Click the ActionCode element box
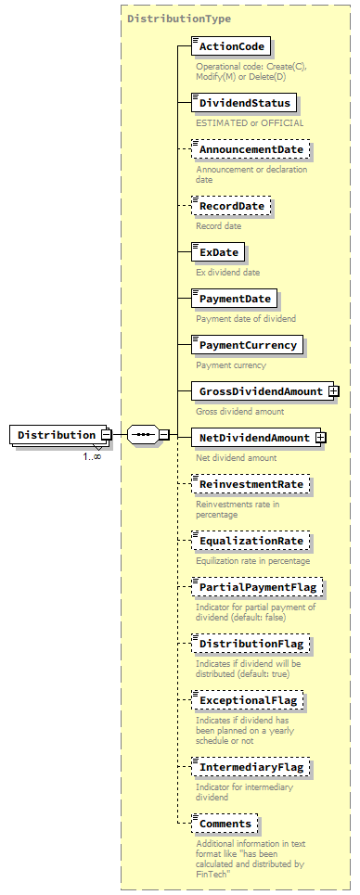[230, 46]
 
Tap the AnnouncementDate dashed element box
[249, 148]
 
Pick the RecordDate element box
[231, 205]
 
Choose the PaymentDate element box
[235, 299]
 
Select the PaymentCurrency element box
[248, 345]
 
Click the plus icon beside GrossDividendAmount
[332, 391]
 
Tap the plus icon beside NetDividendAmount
[321, 437]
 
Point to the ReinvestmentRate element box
[249, 484]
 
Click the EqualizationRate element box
[249, 540]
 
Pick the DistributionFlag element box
[249, 643]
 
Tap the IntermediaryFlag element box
[249, 767]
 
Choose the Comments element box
[225, 824]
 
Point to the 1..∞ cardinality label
[92, 455]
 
